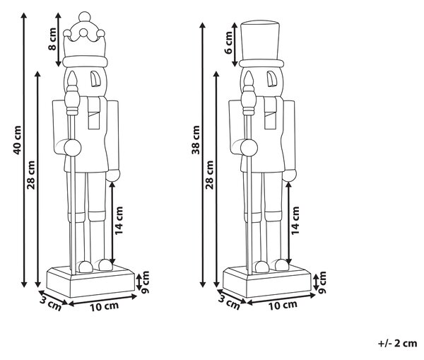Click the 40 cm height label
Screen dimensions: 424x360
[x=17, y=140]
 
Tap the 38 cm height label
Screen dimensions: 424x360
[x=196, y=140]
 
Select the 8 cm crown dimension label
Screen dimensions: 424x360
[x=52, y=39]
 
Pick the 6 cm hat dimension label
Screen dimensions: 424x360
[x=228, y=42]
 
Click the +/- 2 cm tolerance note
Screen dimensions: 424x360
[x=397, y=343]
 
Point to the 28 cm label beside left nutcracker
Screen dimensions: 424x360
[x=31, y=175]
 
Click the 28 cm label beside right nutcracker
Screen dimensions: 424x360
[x=210, y=175]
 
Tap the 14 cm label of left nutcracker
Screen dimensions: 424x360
[x=119, y=221]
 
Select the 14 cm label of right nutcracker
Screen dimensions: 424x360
[x=295, y=221]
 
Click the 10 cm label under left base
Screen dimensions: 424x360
[x=105, y=306]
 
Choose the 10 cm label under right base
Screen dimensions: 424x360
[x=283, y=306]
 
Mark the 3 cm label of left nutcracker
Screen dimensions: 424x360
[x=51, y=303]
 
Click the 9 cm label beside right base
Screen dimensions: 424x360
[x=322, y=282]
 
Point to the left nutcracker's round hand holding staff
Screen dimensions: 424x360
[x=73, y=148]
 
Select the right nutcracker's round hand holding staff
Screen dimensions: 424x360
[x=249, y=148]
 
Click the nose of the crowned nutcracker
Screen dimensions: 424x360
[x=95, y=79]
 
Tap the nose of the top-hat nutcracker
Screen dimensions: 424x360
[x=271, y=79]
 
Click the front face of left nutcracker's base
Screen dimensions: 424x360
[x=102, y=285]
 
